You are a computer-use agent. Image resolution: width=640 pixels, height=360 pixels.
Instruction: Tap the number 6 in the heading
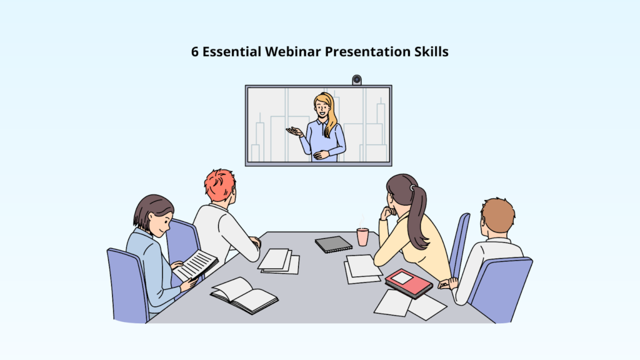click(x=195, y=52)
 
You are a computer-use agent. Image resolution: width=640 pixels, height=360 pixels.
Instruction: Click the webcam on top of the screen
click(x=357, y=79)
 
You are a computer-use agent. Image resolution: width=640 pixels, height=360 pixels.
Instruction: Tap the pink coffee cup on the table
click(x=362, y=237)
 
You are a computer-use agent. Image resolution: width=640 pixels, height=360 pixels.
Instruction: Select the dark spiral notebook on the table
click(x=333, y=244)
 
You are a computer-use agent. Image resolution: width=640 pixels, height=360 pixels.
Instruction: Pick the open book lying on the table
click(x=244, y=294)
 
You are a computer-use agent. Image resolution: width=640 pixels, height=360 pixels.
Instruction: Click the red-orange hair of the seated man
click(x=220, y=185)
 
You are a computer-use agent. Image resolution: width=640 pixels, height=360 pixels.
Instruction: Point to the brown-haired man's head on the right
click(x=497, y=216)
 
